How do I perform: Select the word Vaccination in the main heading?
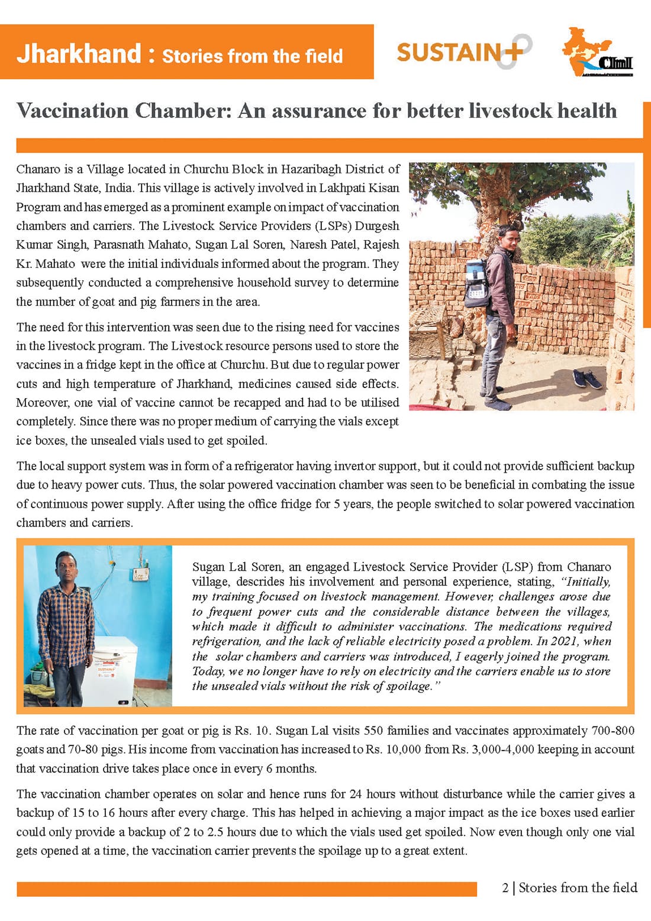click(72, 111)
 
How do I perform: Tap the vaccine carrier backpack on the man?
click(479, 281)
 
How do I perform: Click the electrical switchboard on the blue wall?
click(140, 574)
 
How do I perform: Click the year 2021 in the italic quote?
click(563, 641)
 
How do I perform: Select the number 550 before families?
click(374, 731)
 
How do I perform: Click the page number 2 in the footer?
click(505, 888)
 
